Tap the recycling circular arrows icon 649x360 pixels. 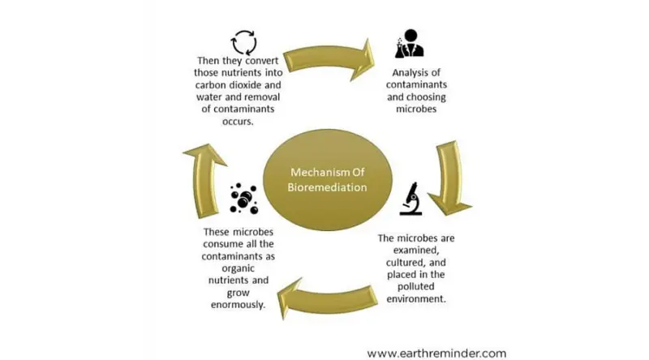243,42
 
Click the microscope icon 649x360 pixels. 410,199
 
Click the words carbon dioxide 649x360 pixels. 242,83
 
